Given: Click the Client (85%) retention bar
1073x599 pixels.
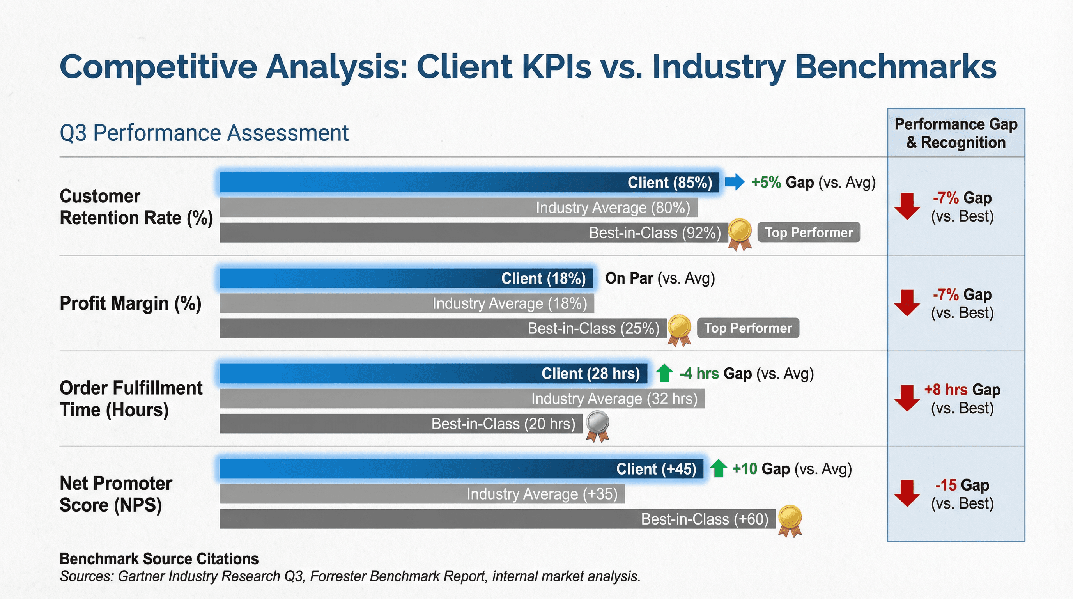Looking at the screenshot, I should pyautogui.click(x=469, y=183).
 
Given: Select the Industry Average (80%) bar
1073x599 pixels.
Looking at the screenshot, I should pyautogui.click(x=458, y=207).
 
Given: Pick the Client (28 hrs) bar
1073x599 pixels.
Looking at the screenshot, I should pyautogui.click(x=433, y=374).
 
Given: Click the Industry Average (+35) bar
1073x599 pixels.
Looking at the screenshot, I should pyautogui.click(x=421, y=494).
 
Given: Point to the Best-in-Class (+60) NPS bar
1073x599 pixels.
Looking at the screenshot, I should pyautogui.click(x=498, y=519).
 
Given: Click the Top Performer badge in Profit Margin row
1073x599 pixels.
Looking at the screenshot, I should pyautogui.click(x=748, y=328).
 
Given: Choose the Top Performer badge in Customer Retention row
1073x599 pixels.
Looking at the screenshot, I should pyautogui.click(x=809, y=232).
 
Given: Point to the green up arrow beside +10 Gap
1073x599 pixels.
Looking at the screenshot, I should pyautogui.click(x=718, y=469).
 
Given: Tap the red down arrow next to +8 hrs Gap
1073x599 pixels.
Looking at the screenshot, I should pyautogui.click(x=907, y=398).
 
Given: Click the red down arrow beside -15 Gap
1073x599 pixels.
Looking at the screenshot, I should pyautogui.click(x=907, y=493).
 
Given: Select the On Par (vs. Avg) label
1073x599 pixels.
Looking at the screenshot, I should pyautogui.click(x=660, y=278).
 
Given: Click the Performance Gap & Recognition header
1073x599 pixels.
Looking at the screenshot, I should pyautogui.click(x=956, y=133).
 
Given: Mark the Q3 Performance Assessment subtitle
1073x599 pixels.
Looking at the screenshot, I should pyautogui.click(x=204, y=133).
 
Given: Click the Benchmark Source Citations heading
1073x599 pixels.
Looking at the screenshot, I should pyautogui.click(x=159, y=558).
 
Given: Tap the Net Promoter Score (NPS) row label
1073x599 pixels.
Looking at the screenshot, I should pyautogui.click(x=116, y=494).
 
